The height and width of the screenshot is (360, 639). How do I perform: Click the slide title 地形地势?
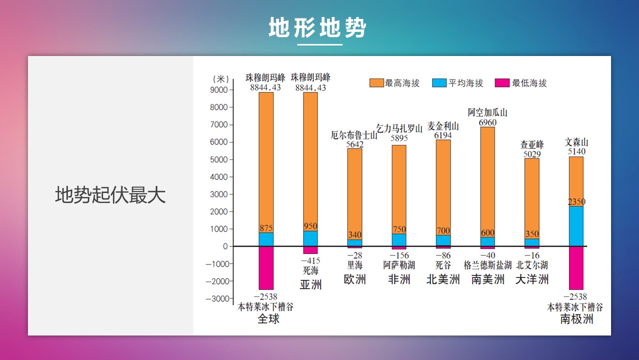[x=317, y=27]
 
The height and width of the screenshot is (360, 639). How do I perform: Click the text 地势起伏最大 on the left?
[x=110, y=195]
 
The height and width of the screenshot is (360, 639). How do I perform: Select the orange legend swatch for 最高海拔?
[x=376, y=83]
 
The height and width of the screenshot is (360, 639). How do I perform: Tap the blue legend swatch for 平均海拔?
[x=439, y=83]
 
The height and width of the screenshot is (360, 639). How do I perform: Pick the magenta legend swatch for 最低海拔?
[x=502, y=83]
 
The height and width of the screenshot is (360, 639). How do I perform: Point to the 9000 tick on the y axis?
[x=219, y=90]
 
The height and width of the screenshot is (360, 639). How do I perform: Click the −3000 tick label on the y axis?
[x=217, y=299]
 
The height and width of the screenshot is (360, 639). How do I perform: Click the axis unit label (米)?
[x=221, y=79]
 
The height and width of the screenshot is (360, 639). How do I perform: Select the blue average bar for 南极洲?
[x=576, y=226]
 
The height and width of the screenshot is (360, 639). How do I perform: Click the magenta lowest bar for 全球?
[x=266, y=268]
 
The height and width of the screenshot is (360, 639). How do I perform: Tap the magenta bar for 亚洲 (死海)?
[x=311, y=250]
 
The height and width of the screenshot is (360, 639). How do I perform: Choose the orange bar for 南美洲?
[x=488, y=182]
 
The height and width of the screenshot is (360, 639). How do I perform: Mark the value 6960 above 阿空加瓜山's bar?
[x=488, y=122]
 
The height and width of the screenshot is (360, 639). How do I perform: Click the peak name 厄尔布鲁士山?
[x=354, y=135]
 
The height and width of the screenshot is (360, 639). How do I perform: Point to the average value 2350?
[x=577, y=202]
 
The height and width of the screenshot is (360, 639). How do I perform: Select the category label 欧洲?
[x=354, y=279]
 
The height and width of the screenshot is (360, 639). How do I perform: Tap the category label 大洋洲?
[x=532, y=279]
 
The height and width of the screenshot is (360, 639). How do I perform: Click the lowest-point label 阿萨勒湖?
[x=399, y=265]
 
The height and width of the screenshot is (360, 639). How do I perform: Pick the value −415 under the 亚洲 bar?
[x=311, y=260]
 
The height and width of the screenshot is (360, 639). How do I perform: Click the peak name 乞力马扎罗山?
[x=399, y=128]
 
